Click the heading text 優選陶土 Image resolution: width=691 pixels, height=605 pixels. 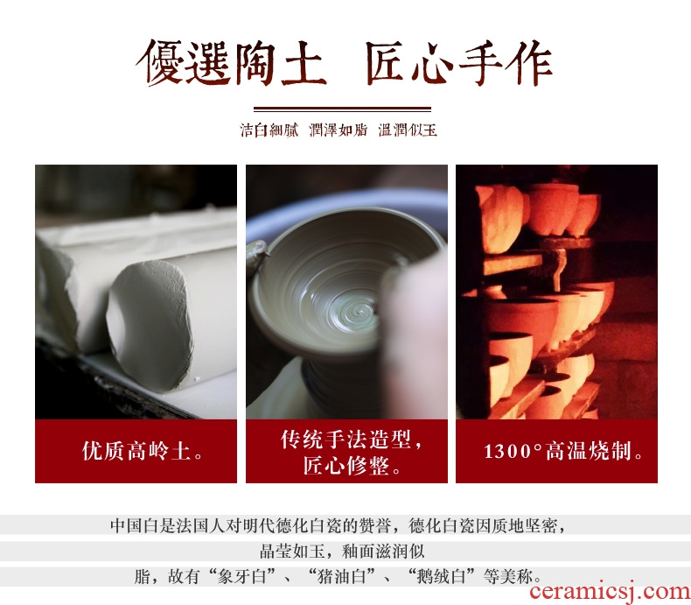(x=232, y=63)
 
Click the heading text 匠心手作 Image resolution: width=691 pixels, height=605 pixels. (x=458, y=63)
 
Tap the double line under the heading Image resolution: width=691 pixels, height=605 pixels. (x=342, y=109)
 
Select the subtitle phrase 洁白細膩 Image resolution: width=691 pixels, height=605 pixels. (x=269, y=130)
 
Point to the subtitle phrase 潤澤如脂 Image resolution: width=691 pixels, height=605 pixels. (x=339, y=130)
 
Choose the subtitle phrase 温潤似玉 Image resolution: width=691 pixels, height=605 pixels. (x=408, y=130)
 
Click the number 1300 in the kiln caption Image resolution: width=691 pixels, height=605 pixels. (x=507, y=452)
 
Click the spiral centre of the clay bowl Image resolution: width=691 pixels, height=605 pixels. (x=359, y=313)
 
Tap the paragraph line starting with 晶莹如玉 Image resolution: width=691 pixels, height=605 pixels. (x=342, y=551)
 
